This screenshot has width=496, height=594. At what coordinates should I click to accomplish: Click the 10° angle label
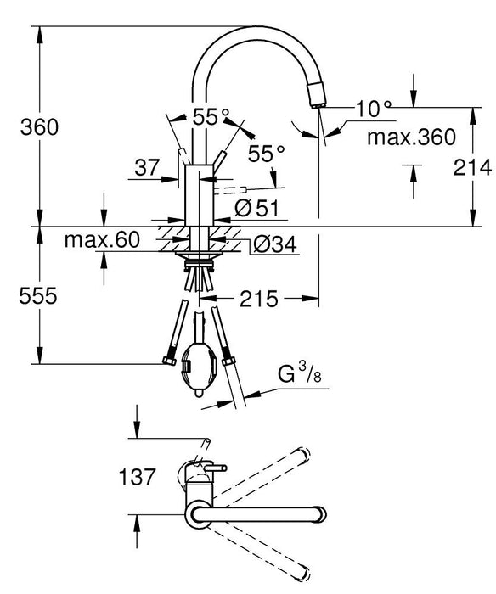point(375,108)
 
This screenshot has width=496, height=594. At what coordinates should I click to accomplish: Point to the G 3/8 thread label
point(299,374)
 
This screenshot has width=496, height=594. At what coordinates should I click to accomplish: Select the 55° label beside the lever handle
point(267,153)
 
